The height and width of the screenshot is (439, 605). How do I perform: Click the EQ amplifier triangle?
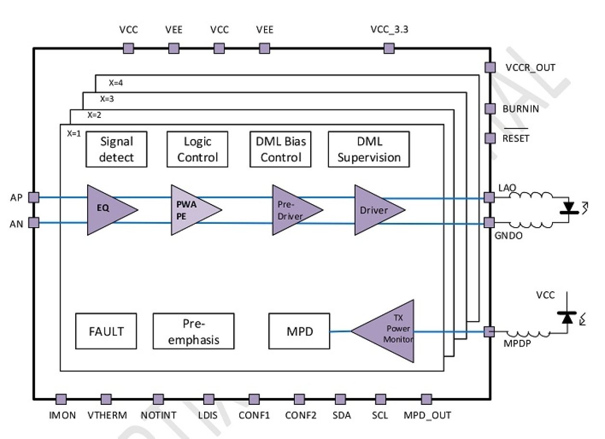click(x=108, y=210)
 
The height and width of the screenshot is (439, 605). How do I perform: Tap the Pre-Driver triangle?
click(x=293, y=210)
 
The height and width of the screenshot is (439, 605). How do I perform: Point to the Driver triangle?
click(x=375, y=210)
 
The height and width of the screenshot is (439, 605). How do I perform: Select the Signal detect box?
click(x=116, y=149)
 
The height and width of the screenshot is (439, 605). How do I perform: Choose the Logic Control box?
click(x=197, y=149)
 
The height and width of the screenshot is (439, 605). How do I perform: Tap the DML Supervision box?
click(x=368, y=149)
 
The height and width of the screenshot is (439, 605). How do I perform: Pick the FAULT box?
click(x=106, y=331)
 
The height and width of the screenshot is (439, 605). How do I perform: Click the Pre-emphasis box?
click(x=193, y=331)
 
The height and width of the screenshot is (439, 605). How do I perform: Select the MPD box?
click(x=299, y=331)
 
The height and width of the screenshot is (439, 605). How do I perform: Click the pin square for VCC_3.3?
click(x=388, y=48)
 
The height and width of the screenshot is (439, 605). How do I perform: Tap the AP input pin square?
click(x=34, y=197)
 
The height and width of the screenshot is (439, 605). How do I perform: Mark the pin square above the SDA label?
click(x=340, y=399)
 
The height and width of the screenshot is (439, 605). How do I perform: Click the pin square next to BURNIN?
click(x=489, y=109)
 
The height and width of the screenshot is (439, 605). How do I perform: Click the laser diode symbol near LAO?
click(x=571, y=207)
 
